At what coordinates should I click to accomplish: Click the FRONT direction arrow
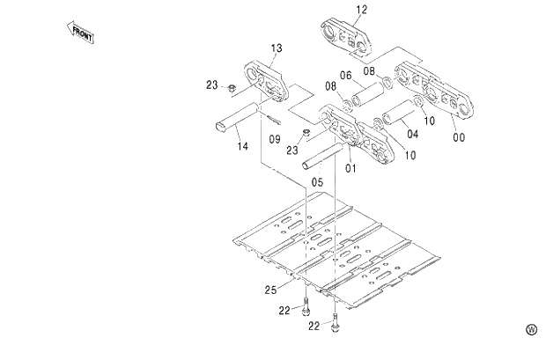tap(81, 33)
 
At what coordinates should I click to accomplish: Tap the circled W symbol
tap(531, 329)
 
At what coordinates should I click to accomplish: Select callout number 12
tap(362, 10)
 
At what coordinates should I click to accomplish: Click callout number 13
tap(276, 47)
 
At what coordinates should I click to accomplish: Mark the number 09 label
tap(274, 139)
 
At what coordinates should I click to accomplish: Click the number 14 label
tap(242, 145)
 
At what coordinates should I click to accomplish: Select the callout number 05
tap(317, 183)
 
